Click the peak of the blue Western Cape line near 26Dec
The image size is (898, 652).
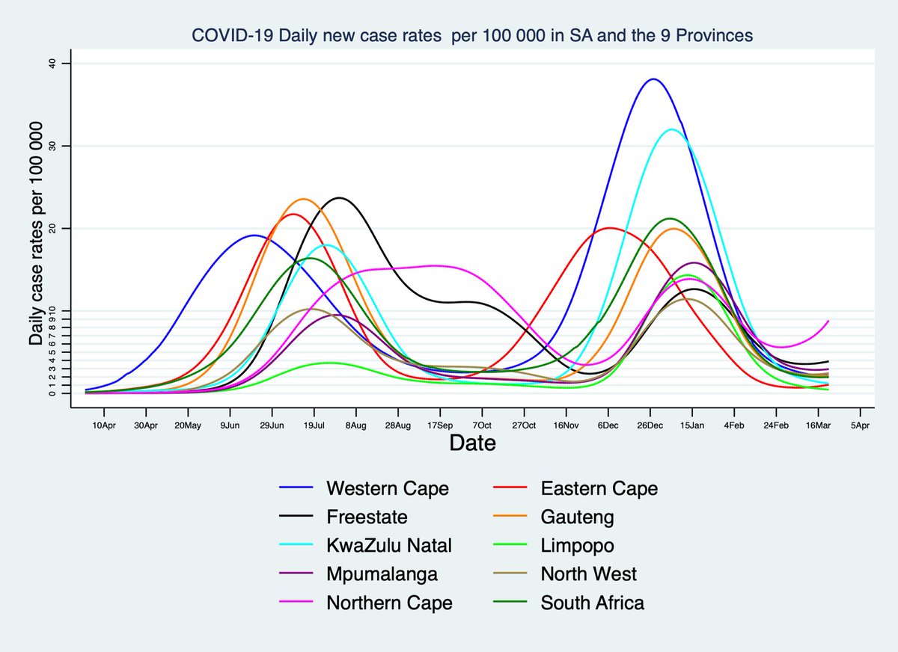click(x=653, y=79)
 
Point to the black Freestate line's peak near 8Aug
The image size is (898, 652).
click(x=340, y=198)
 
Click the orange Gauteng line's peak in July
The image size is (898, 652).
click(x=302, y=199)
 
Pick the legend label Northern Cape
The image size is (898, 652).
click(x=389, y=603)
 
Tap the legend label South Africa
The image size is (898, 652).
click(x=592, y=603)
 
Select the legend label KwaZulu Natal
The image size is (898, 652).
click(x=389, y=546)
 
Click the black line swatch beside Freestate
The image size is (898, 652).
click(x=296, y=517)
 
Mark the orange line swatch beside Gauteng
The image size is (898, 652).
click(x=510, y=517)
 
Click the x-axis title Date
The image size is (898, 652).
click(x=472, y=443)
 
